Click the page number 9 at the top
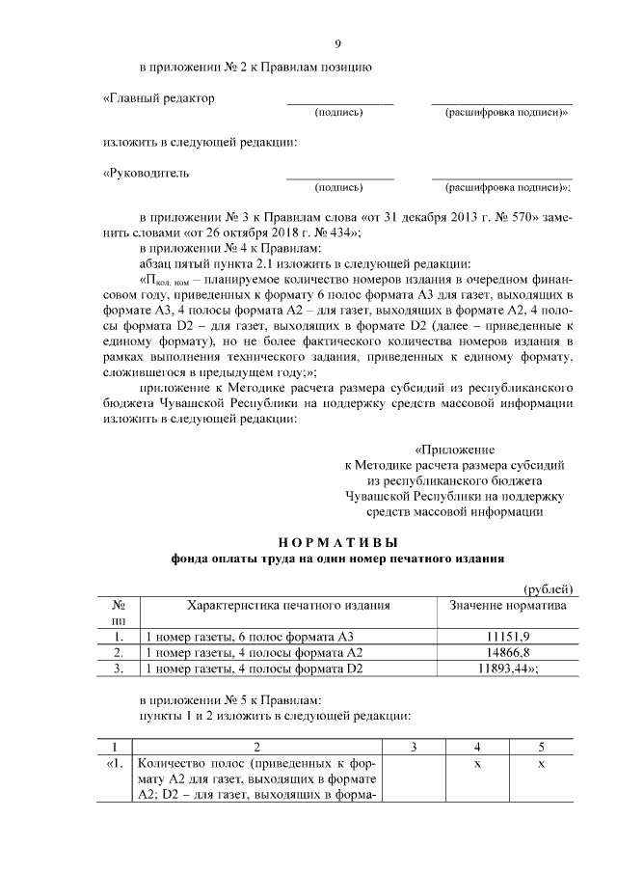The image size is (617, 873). pyautogui.click(x=337, y=43)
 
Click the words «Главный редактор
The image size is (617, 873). pyautogui.click(x=159, y=98)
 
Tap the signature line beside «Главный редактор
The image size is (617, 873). pyautogui.click(x=339, y=103)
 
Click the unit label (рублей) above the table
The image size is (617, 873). pyautogui.click(x=548, y=589)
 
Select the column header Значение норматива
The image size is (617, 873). pyautogui.click(x=508, y=606)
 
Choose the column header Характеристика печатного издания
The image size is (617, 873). pyautogui.click(x=288, y=606)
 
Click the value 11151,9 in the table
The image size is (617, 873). pyautogui.click(x=509, y=637)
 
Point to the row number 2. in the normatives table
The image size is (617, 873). pyautogui.click(x=119, y=652)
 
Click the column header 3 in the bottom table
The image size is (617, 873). pyautogui.click(x=413, y=747)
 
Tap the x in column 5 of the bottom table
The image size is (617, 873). pyautogui.click(x=541, y=763)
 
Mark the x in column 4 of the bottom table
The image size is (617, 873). pyautogui.click(x=476, y=763)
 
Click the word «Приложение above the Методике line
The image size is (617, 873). pyautogui.click(x=454, y=450)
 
